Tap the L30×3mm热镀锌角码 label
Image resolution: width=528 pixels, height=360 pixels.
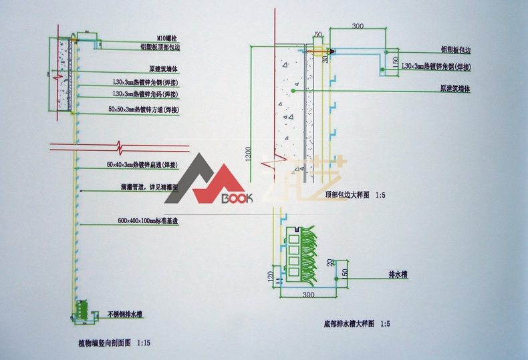pos(150,94)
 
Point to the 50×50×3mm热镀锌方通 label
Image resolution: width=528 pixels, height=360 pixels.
pos(147,108)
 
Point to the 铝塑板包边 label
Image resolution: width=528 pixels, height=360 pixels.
pos(454,49)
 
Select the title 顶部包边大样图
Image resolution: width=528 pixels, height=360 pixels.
pos(348,195)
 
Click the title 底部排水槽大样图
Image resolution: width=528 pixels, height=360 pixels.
pos(348,324)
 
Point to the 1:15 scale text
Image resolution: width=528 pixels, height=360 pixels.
pos(143,343)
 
